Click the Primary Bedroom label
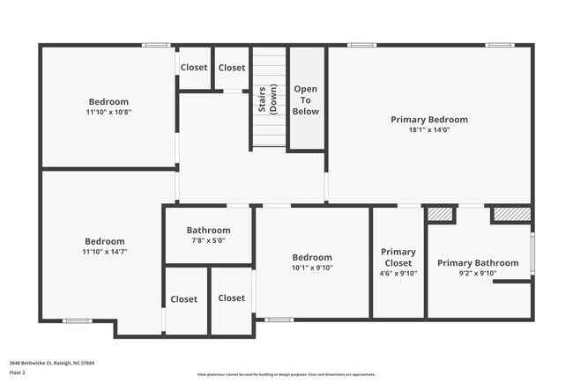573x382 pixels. [429, 120]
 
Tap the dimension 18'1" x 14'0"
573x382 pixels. [429, 130]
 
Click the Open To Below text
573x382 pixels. [306, 100]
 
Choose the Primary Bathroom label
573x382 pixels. [478, 263]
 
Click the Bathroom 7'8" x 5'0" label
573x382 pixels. [207, 231]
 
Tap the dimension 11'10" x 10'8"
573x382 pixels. [108, 113]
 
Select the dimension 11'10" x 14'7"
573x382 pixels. [105, 252]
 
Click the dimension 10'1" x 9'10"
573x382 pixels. [312, 268]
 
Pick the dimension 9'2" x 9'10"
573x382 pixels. [478, 274]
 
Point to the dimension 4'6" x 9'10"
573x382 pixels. [398, 274]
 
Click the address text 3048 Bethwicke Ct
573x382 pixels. [52, 363]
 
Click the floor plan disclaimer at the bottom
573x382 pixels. [286, 374]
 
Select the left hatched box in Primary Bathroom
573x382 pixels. [439, 214]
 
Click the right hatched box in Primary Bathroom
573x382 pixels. [510, 214]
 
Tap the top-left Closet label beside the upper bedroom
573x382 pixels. [194, 68]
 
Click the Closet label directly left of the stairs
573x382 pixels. [232, 68]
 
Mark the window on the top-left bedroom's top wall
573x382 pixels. [156, 45]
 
